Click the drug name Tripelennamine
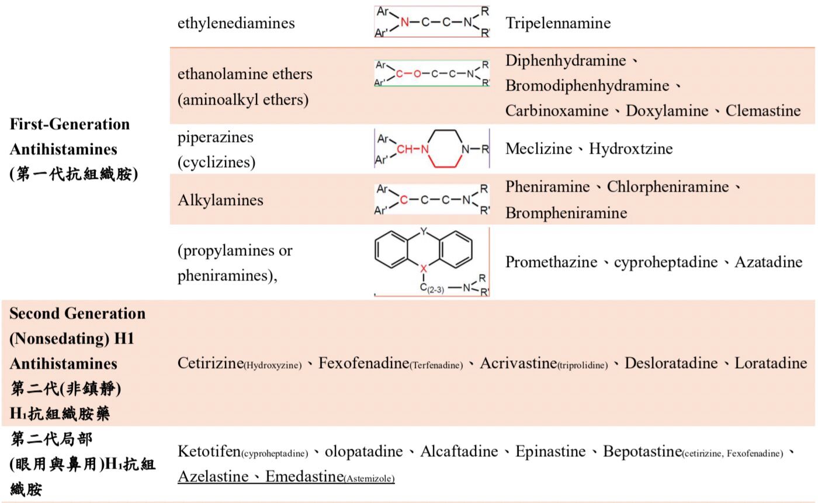tap(558, 23)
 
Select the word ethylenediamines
tap(236, 23)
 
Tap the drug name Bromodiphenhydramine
tap(587, 86)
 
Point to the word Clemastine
tap(763, 110)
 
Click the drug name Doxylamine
tap(667, 111)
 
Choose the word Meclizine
tap(539, 148)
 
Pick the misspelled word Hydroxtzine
tap(630, 148)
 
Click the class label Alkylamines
tap(220, 200)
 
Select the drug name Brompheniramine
tap(566, 213)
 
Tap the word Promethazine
tap(551, 262)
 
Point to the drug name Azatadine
tap(768, 262)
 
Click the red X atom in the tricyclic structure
tap(423, 269)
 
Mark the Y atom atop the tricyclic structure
tap(423, 231)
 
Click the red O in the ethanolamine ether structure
tap(417, 74)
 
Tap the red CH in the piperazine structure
tap(404, 149)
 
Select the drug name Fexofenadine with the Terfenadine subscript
tap(390, 363)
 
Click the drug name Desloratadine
tap(671, 363)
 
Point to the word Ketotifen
tap(209, 451)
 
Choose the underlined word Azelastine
tap(213, 476)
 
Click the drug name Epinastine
tap(550, 452)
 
